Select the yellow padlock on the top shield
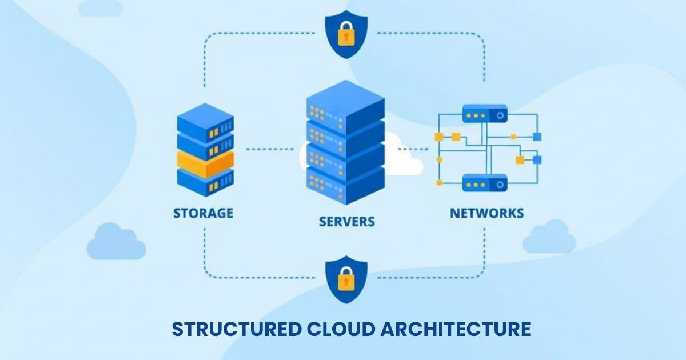click(345, 35)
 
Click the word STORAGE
click(203, 213)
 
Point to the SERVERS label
click(347, 221)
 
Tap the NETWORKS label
click(486, 213)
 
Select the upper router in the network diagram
click(485, 114)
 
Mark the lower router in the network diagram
click(485, 183)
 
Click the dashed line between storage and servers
click(270, 149)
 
